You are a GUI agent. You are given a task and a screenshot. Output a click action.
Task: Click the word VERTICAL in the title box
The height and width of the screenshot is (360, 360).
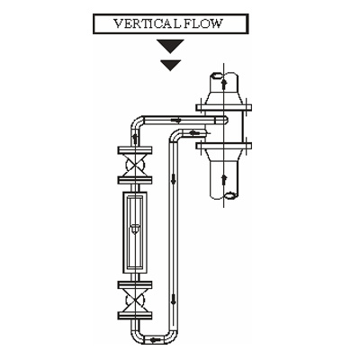148,23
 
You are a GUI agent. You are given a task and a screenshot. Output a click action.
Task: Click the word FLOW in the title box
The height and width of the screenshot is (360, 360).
203,23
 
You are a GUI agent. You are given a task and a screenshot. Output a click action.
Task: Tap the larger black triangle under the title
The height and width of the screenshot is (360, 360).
171,46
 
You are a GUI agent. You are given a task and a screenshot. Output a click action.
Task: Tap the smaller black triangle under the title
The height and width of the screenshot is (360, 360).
171,66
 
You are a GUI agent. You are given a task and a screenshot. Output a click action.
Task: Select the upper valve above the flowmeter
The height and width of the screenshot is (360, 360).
135,165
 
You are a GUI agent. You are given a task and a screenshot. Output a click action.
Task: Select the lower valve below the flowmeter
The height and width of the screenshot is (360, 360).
135,301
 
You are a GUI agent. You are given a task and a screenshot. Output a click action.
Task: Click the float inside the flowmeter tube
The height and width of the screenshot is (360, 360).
135,229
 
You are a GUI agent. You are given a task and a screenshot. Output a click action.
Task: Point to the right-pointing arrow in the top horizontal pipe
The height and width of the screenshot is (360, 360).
176,121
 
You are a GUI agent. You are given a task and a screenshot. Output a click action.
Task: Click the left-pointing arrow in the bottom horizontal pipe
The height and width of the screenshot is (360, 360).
155,339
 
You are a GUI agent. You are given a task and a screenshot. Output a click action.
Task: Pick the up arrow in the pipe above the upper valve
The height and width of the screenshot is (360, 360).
135,139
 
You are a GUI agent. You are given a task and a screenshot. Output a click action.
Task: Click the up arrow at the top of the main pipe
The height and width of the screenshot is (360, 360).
223,84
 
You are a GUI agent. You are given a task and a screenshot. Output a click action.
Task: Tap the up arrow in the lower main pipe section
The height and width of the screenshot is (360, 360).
223,181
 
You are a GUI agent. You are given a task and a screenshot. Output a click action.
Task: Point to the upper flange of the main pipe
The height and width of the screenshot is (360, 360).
224,107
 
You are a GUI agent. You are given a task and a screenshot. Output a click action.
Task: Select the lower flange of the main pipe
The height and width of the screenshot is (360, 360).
224,146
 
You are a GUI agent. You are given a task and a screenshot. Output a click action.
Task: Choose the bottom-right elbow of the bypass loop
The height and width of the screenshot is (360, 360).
172,338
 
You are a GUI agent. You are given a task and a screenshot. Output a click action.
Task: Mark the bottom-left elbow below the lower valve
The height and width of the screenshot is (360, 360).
136,337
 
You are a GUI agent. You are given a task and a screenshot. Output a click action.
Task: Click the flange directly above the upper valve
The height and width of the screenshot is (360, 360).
135,150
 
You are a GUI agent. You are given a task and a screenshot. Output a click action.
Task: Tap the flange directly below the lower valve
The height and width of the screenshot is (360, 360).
135,316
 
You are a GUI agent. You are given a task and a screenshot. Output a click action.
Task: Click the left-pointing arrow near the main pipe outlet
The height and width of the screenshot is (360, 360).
194,132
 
